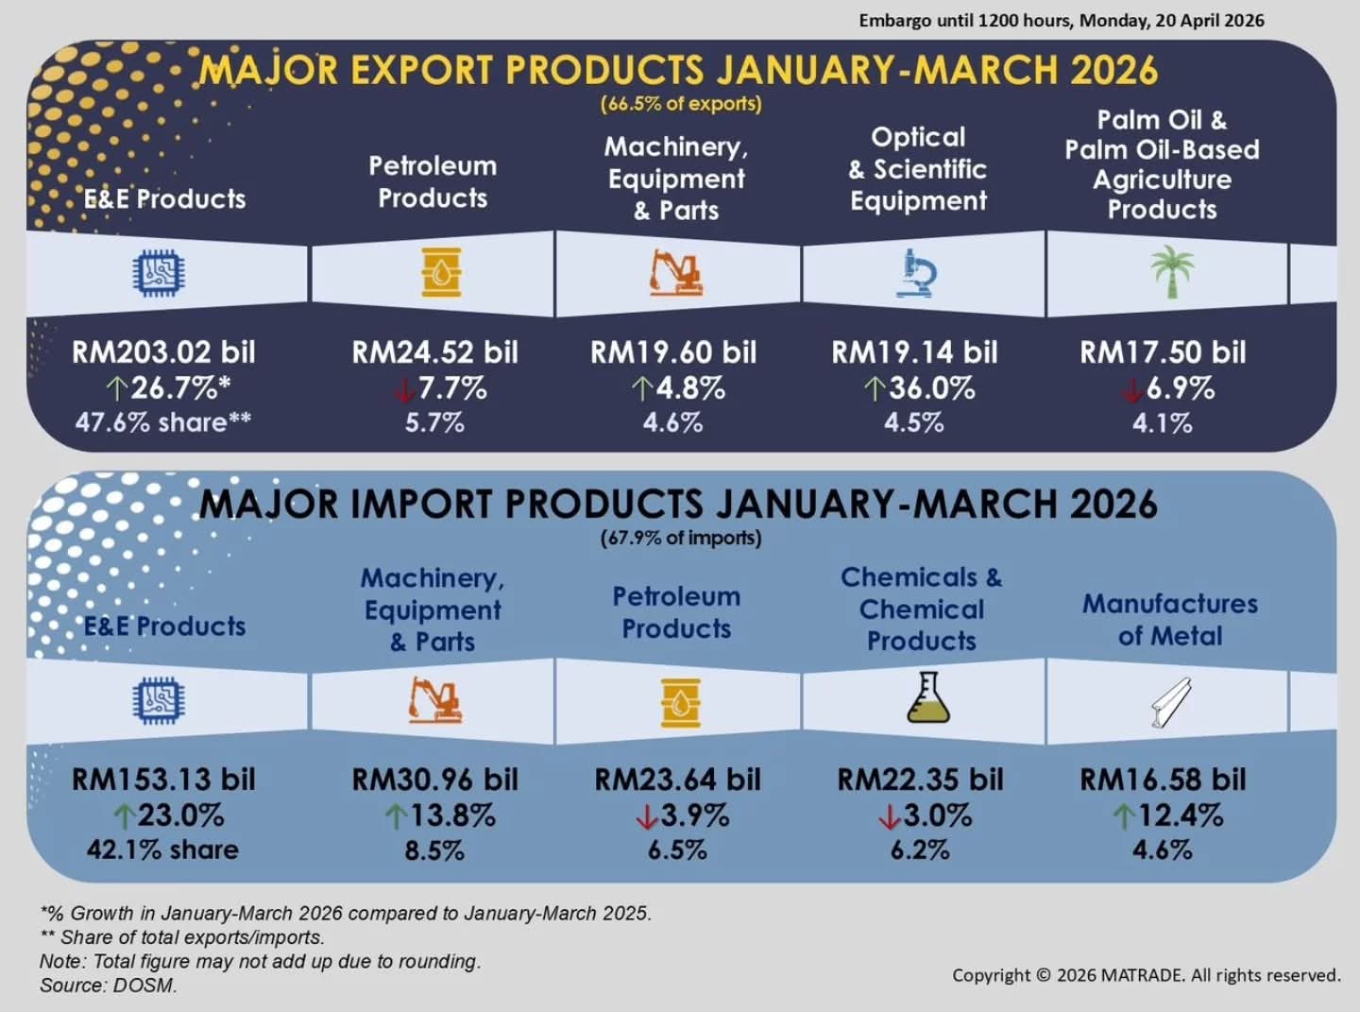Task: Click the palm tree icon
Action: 1172,272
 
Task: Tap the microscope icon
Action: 917,273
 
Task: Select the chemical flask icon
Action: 926,698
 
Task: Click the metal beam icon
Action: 1171,703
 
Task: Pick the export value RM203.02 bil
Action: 163,352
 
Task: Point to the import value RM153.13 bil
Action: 163,780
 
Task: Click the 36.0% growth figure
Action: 931,388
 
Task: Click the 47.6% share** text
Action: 163,422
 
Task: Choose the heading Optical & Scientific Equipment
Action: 918,169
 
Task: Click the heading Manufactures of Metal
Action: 1170,620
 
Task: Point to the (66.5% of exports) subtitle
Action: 681,104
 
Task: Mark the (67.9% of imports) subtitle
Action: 681,539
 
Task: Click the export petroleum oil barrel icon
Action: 441,273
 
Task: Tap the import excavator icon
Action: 434,700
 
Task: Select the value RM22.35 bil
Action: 920,780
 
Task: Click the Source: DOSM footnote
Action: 108,986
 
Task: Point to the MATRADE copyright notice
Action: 1146,975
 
